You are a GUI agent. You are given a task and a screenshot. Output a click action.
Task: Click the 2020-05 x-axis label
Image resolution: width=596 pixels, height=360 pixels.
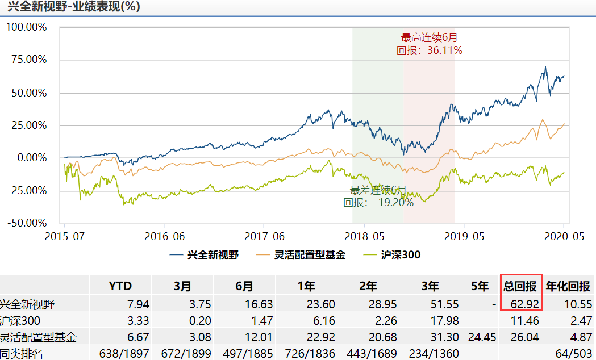563,236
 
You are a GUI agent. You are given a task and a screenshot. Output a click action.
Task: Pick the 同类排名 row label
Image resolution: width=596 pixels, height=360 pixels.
23,354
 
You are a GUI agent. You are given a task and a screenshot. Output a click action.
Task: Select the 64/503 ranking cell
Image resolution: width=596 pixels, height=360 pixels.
573,354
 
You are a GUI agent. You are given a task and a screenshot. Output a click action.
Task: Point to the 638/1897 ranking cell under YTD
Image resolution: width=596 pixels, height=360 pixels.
124,354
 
